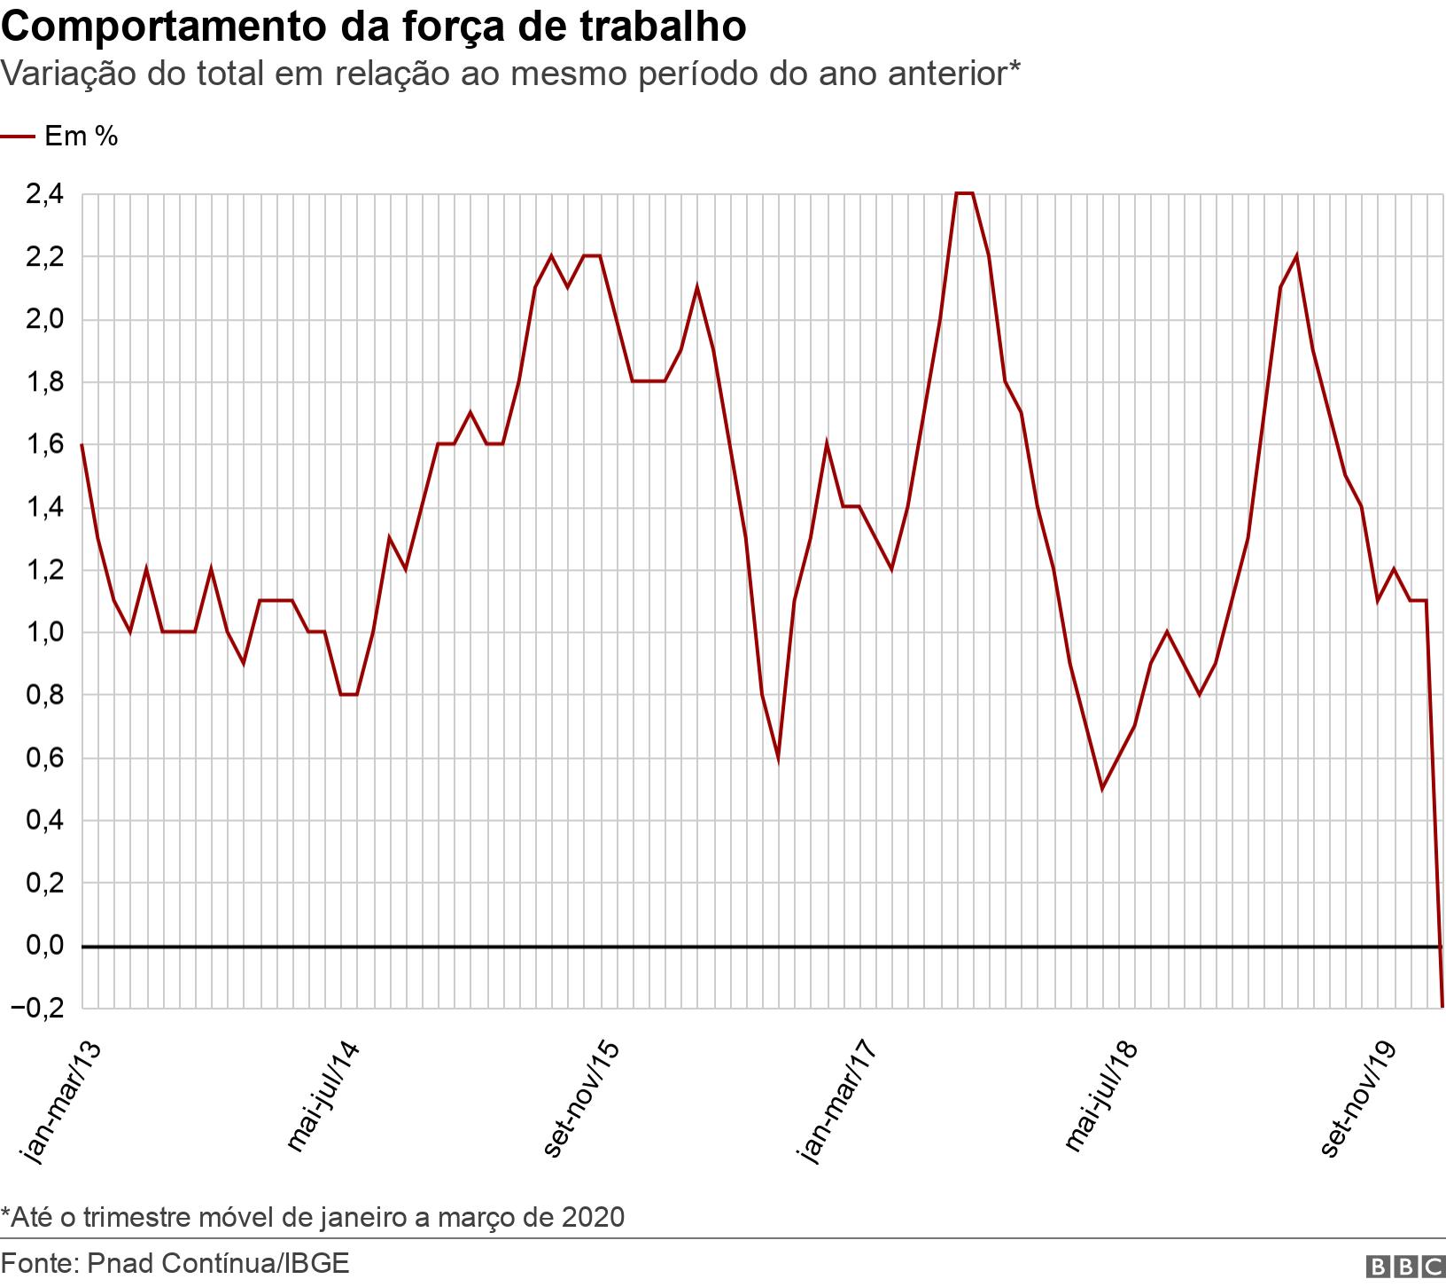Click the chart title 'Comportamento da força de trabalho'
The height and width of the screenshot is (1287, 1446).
(373, 27)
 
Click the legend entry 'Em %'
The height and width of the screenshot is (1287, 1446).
(81, 136)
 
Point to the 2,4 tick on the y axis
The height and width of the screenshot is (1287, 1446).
(44, 193)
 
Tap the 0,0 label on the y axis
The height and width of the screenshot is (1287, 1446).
(44, 946)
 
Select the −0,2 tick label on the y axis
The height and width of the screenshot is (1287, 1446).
(37, 1008)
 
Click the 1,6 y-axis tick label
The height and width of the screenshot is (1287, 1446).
(44, 444)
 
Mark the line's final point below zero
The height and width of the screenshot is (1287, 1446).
(1442, 1006)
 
